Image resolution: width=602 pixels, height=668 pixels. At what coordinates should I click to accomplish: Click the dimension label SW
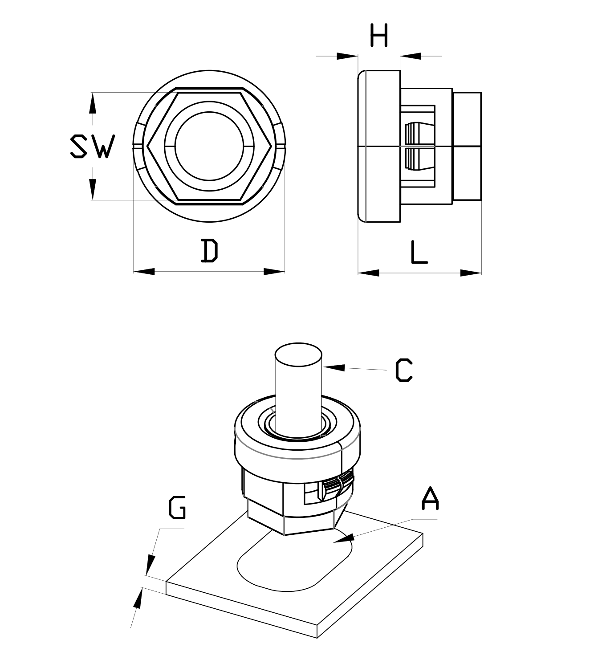click(93, 146)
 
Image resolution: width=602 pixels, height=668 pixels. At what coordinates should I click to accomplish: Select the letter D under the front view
click(209, 251)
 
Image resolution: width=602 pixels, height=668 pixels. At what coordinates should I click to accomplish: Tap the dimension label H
click(379, 35)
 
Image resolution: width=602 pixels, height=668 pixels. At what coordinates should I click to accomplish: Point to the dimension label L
click(418, 252)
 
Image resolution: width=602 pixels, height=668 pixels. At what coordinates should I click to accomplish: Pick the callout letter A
click(430, 499)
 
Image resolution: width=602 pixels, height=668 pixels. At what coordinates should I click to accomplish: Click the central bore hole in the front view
click(209, 147)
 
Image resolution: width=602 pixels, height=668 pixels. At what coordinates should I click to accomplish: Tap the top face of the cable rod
click(298, 354)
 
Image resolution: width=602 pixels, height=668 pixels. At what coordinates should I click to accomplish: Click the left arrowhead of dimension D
click(143, 271)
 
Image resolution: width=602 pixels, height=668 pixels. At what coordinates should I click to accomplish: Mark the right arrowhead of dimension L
click(471, 273)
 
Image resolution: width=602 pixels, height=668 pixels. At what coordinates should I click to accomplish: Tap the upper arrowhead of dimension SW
click(92, 103)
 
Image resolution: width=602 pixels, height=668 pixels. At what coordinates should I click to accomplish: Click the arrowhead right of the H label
click(410, 56)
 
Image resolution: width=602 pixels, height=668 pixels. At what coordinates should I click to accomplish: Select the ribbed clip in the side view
click(419, 147)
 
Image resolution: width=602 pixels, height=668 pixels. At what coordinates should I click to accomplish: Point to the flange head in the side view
click(379, 147)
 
